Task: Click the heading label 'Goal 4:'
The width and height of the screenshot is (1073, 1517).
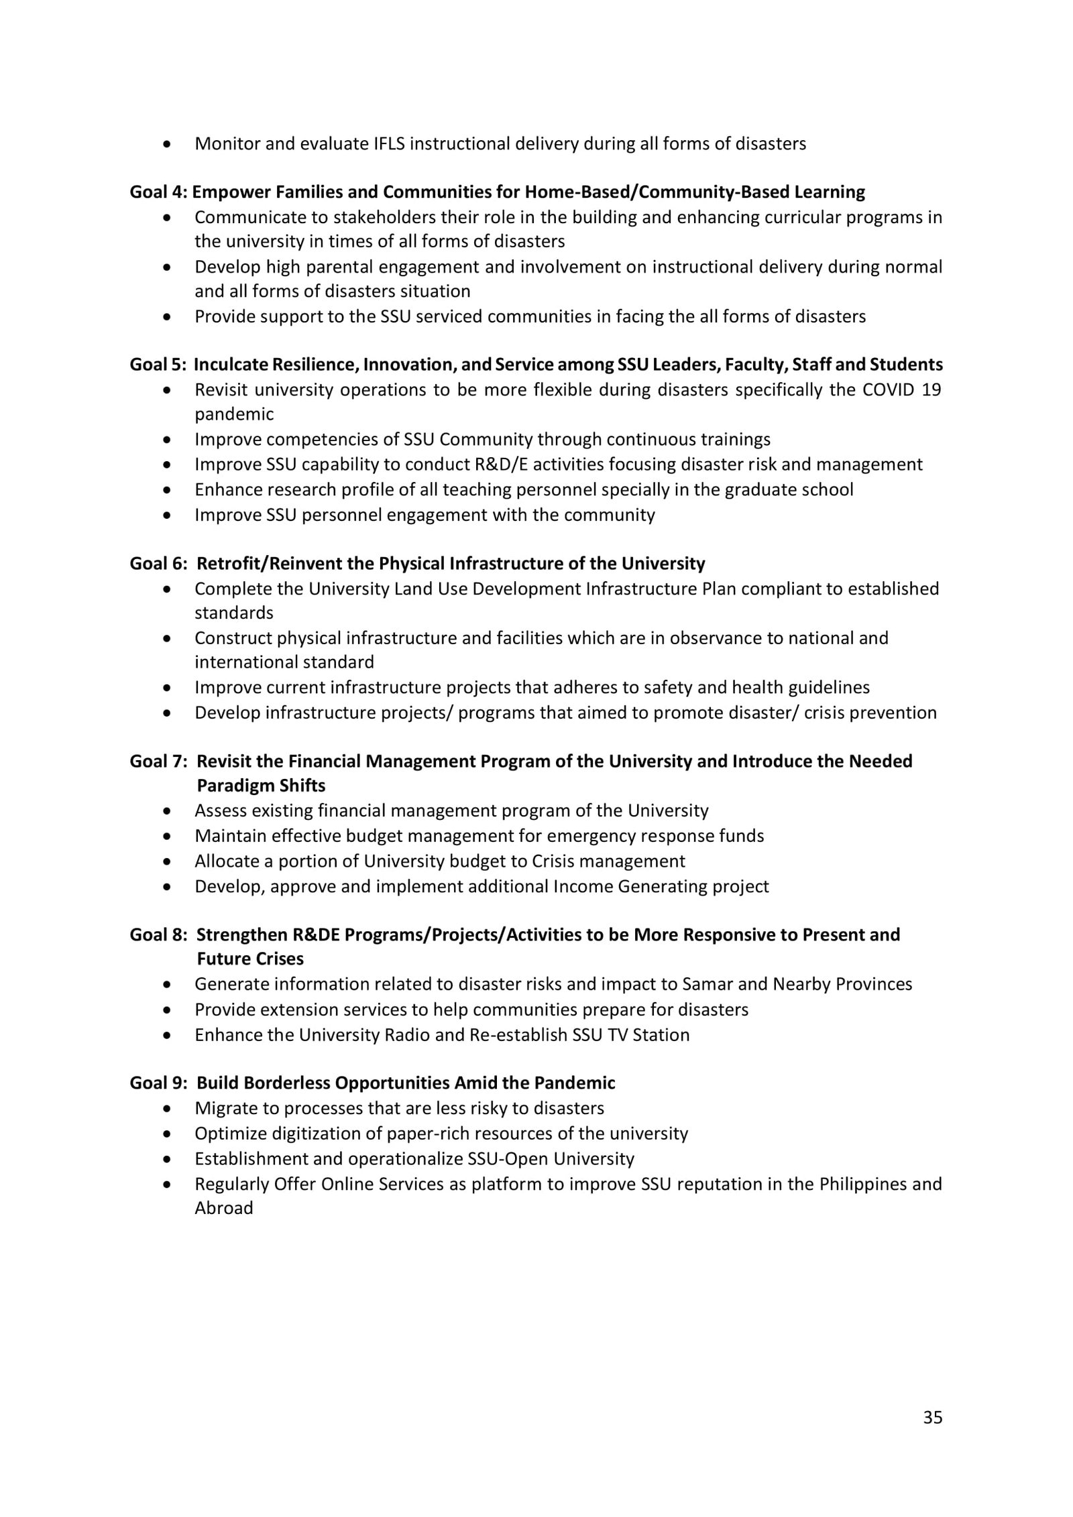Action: pyautogui.click(x=158, y=192)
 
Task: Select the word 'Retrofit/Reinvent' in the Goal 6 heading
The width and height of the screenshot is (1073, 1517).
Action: pyautogui.click(x=270, y=563)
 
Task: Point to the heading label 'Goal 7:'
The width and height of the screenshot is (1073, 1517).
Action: pyautogui.click(x=158, y=762)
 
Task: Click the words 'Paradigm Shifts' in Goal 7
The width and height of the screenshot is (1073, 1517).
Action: pyautogui.click(x=261, y=786)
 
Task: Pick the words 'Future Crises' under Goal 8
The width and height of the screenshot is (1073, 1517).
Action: pyautogui.click(x=250, y=959)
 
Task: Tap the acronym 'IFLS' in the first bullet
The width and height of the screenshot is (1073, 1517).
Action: pyautogui.click(x=389, y=143)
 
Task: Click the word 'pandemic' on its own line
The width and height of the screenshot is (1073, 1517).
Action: pyautogui.click(x=234, y=414)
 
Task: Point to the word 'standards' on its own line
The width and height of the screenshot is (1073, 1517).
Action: pyautogui.click(x=234, y=613)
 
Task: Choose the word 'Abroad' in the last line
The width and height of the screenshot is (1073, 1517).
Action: pyautogui.click(x=224, y=1208)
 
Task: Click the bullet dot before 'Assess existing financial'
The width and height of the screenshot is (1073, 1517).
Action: pyautogui.click(x=167, y=811)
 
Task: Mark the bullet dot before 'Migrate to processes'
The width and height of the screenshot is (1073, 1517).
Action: pyautogui.click(x=167, y=1109)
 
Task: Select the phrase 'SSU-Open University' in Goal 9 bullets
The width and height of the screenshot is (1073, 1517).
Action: pyautogui.click(x=543, y=1158)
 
